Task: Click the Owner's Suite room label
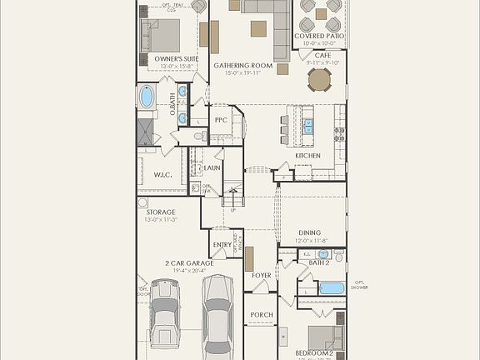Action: tap(177, 60)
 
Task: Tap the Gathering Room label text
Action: tap(242, 65)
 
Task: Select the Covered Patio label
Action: tap(319, 37)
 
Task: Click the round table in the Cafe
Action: tap(319, 79)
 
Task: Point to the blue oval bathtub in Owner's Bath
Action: tap(147, 97)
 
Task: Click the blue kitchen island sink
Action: tap(308, 126)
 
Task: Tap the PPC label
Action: tap(221, 121)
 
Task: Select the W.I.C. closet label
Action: tap(162, 175)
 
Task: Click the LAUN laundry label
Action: tap(212, 167)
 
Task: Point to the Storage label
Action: tap(161, 212)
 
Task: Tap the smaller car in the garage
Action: tap(164, 323)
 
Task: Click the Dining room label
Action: tap(309, 233)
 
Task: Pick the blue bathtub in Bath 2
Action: tap(332, 288)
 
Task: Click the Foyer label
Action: tap(262, 275)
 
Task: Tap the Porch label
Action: tap(261, 315)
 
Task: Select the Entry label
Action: tap(222, 245)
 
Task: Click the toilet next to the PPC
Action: tap(201, 136)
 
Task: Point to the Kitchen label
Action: tap(307, 156)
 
